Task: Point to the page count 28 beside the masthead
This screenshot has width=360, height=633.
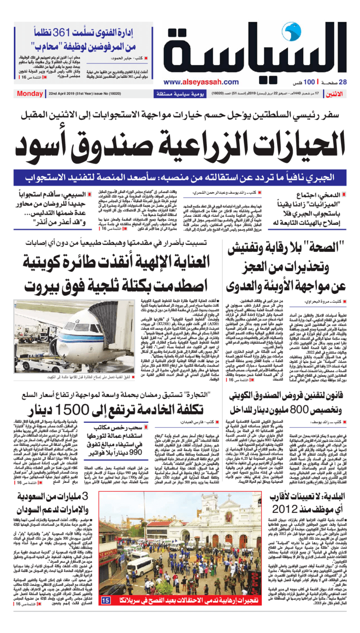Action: tap(342, 82)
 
